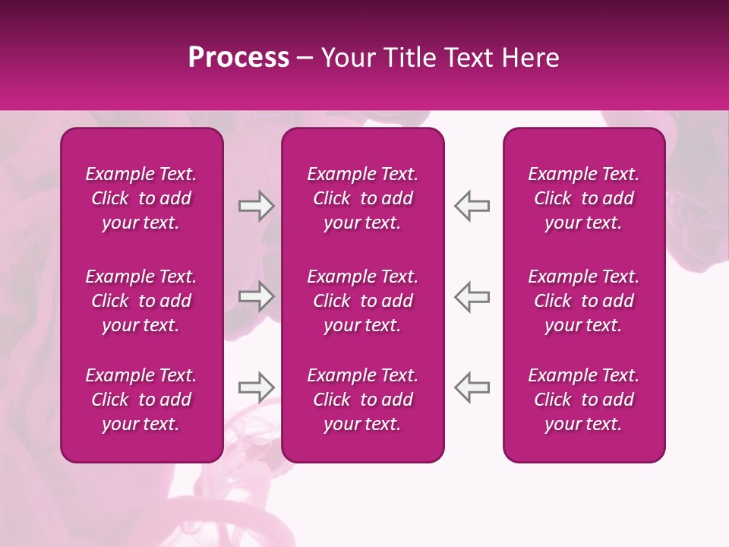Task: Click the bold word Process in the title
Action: (238, 58)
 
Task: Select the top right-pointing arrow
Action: (256, 206)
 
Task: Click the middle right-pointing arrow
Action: (256, 296)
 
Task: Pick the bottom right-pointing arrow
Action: (256, 387)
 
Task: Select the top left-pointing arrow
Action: (472, 206)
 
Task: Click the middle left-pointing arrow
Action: (472, 296)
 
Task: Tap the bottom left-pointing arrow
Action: (472, 387)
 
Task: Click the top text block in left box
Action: (141, 198)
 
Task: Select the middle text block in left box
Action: (141, 301)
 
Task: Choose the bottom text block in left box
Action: (141, 400)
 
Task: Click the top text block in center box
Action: (363, 198)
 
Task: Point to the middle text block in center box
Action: (363, 301)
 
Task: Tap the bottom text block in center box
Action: (363, 400)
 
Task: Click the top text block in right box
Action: (584, 198)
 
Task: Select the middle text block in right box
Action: (584, 301)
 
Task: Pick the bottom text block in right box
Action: (584, 400)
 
